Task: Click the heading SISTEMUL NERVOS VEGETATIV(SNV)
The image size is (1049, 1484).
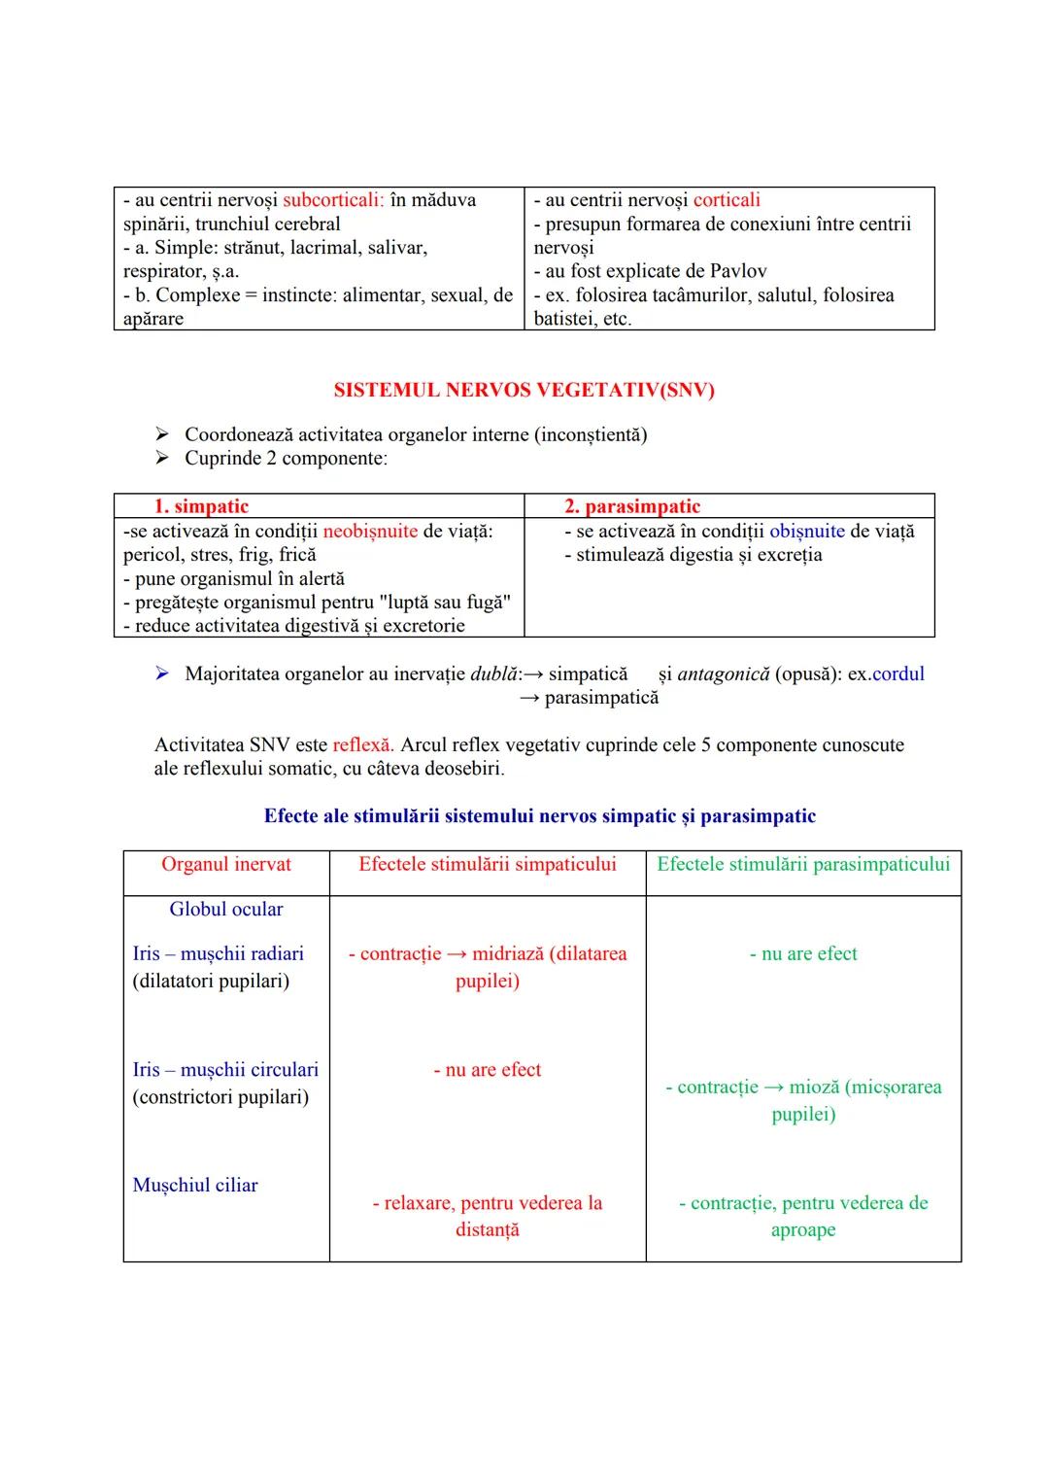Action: [524, 391]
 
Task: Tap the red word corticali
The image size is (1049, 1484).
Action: [727, 200]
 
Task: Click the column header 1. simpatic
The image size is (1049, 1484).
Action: [201, 506]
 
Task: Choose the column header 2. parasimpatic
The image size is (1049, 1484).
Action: [631, 506]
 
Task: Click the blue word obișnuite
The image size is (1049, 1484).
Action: [806, 532]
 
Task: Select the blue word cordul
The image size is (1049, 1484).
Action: [898, 674]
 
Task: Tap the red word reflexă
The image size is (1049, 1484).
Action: [362, 745]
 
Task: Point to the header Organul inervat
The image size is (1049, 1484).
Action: [226, 865]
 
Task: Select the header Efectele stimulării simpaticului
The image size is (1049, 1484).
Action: [488, 865]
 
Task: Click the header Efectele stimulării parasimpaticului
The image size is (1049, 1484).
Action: [803, 865]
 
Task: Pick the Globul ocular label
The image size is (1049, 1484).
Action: [226, 910]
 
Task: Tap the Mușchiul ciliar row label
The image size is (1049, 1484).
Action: [195, 1186]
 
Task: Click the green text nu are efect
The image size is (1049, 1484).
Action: [803, 954]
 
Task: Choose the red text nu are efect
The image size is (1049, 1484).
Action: [488, 1070]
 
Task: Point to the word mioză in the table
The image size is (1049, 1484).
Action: [814, 1087]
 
